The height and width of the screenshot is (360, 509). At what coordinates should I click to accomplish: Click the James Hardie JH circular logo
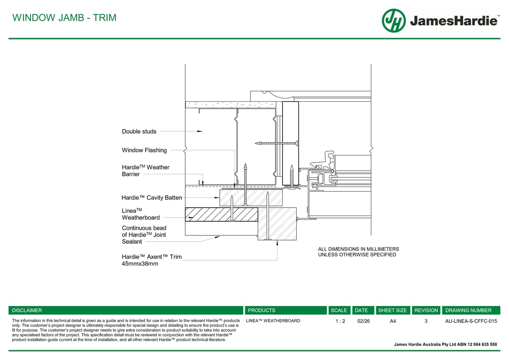(394, 21)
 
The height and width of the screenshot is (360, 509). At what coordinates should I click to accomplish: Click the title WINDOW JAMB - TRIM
(64, 18)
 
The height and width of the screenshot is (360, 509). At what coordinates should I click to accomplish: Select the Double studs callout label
(139, 132)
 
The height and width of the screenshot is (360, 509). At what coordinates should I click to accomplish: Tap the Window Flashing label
(144, 150)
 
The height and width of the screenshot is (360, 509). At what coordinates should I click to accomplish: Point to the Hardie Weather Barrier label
(145, 171)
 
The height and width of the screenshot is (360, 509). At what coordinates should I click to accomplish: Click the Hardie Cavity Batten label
(151, 198)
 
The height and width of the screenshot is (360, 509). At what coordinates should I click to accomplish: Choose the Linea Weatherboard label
(141, 214)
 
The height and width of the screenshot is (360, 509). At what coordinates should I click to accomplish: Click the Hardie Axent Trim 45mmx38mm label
(151, 260)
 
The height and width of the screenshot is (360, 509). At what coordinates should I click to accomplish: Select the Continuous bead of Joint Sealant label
(144, 235)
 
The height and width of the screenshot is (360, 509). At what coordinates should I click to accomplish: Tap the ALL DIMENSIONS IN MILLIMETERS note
(359, 252)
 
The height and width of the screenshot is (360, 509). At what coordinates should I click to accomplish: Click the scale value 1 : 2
(340, 321)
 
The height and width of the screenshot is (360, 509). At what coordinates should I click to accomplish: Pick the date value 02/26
(363, 321)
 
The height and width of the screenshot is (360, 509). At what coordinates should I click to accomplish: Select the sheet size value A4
(393, 321)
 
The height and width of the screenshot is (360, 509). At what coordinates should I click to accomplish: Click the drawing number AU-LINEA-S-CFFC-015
(471, 321)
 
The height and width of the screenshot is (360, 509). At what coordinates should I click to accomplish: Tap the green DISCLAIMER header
(27, 310)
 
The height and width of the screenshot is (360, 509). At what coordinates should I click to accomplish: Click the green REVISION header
(426, 310)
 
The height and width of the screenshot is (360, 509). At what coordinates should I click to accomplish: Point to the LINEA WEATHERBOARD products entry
(273, 321)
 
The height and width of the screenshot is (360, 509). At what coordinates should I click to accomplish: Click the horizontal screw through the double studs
(277, 143)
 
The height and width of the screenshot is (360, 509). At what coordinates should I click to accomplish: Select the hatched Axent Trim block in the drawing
(277, 224)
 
